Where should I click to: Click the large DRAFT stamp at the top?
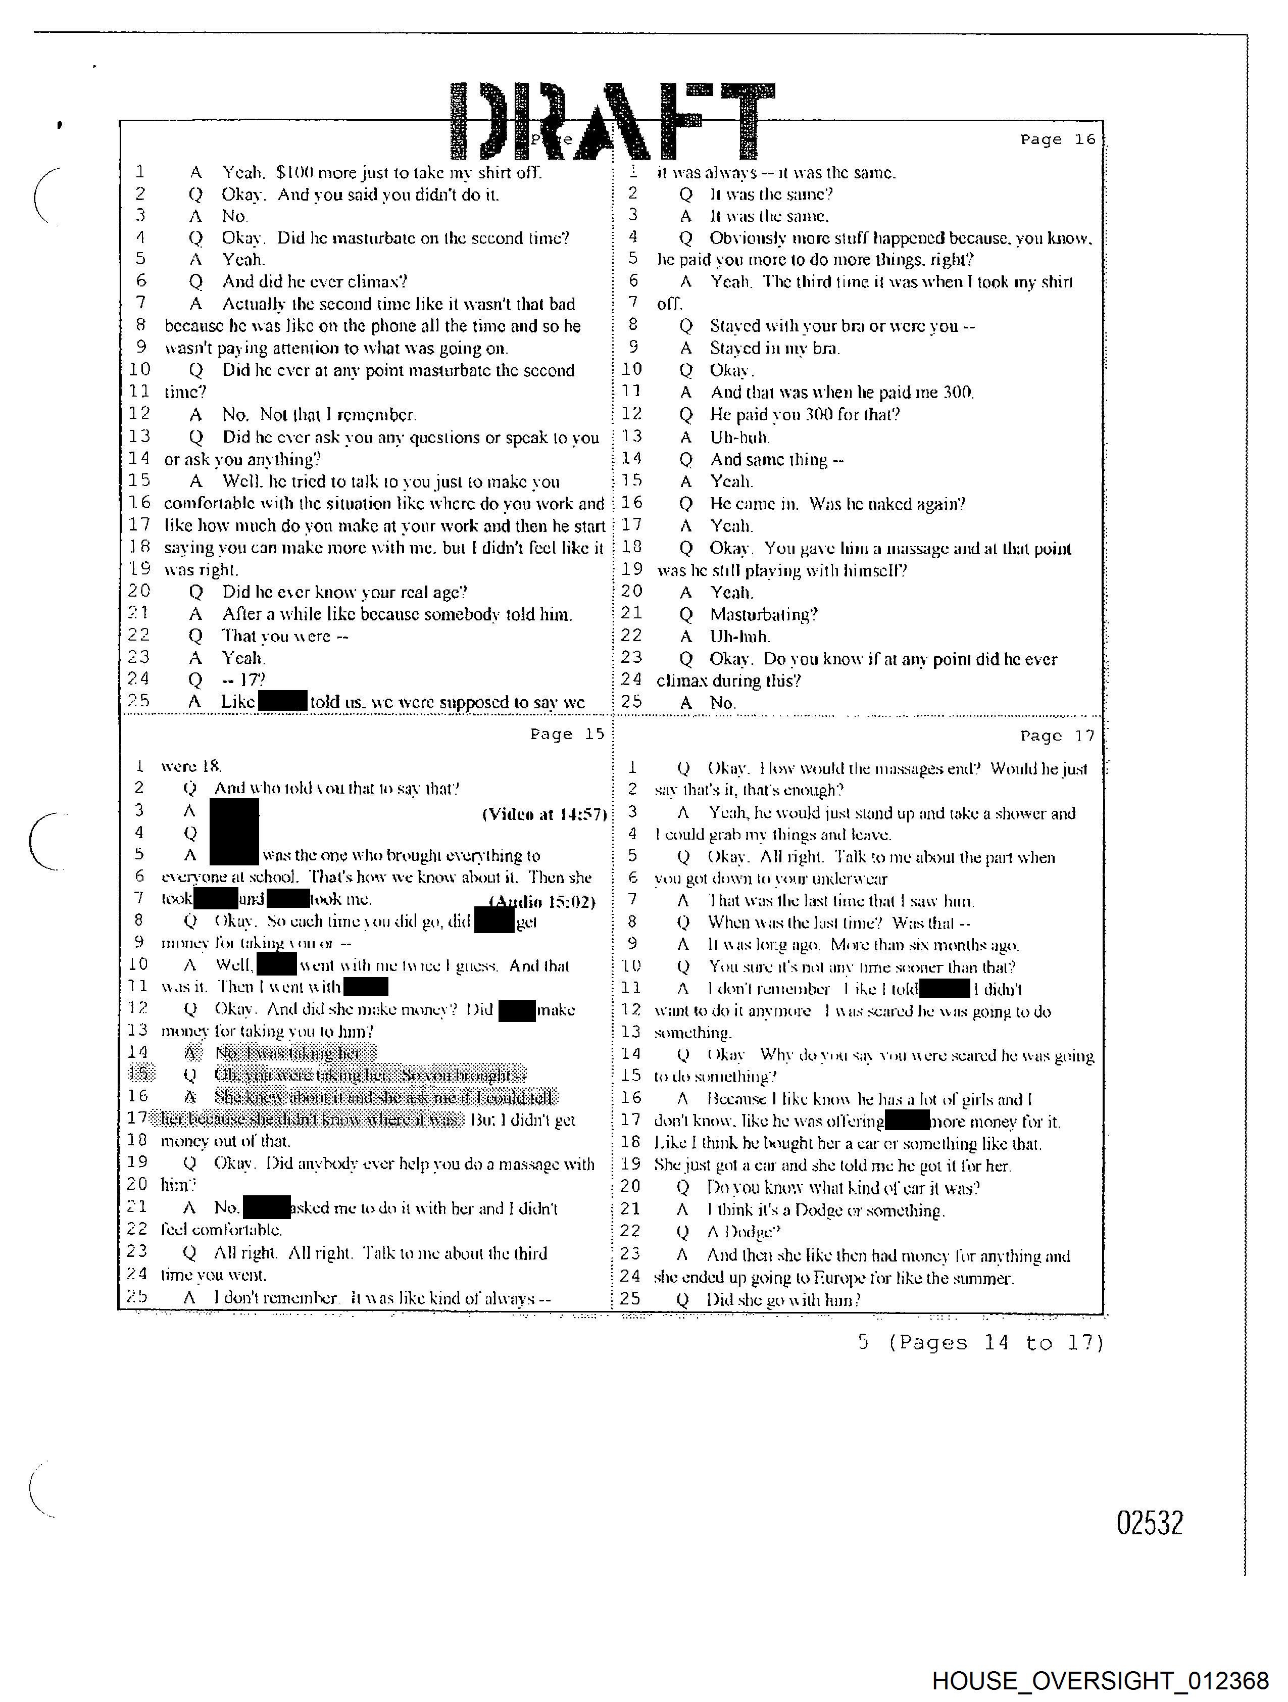(x=612, y=122)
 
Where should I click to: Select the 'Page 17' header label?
(x=1056, y=736)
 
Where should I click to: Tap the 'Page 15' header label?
(x=567, y=734)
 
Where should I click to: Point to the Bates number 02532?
(x=1150, y=1523)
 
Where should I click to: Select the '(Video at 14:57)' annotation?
(x=544, y=814)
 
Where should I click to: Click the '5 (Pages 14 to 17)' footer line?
(x=981, y=1343)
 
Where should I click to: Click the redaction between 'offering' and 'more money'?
(x=907, y=1121)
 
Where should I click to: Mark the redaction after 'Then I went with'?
(x=366, y=987)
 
